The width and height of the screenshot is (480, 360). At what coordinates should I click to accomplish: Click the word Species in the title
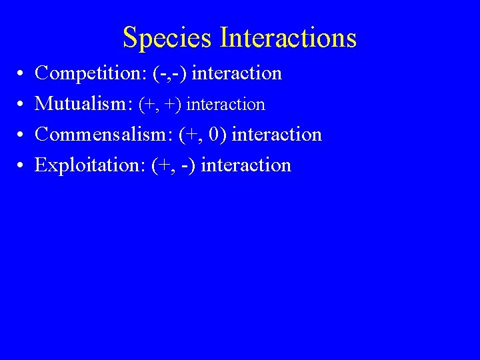click(168, 39)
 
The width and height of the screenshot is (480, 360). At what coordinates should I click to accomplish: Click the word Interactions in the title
click(288, 37)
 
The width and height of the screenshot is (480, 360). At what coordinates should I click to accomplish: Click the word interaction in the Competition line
click(237, 73)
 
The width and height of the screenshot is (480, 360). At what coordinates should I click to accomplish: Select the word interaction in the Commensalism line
click(277, 135)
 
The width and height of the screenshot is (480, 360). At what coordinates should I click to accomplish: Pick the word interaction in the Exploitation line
click(246, 165)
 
